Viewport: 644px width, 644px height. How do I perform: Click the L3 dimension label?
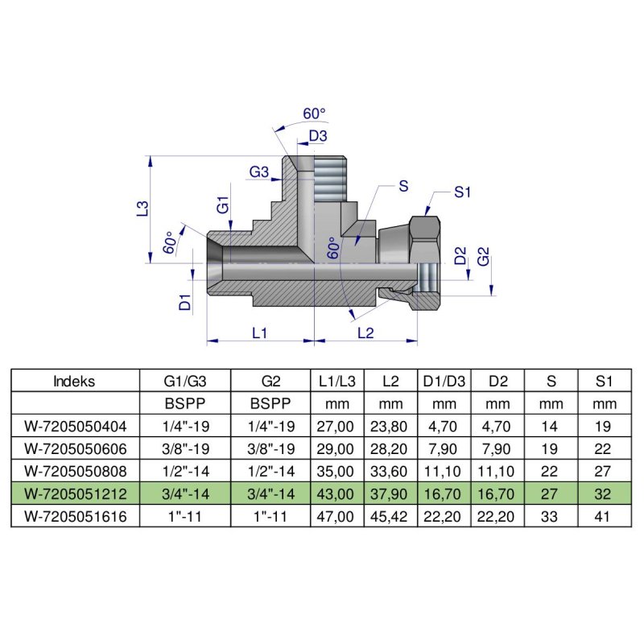point(142,208)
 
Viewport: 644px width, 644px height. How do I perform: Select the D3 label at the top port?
point(319,136)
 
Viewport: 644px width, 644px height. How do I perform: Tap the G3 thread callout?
point(258,171)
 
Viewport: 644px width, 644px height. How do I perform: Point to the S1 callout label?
point(462,192)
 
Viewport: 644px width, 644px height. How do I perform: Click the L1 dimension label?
point(259,332)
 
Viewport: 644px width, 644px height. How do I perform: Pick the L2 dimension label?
point(365,332)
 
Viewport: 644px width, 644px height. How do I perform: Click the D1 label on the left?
point(184,302)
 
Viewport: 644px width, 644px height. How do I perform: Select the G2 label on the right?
point(483,258)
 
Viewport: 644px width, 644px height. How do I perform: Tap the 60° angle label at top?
point(313,114)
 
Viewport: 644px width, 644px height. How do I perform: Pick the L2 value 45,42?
point(390,514)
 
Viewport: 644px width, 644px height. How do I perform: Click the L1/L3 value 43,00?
point(337,492)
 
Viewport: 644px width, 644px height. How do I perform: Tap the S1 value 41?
point(605,514)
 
